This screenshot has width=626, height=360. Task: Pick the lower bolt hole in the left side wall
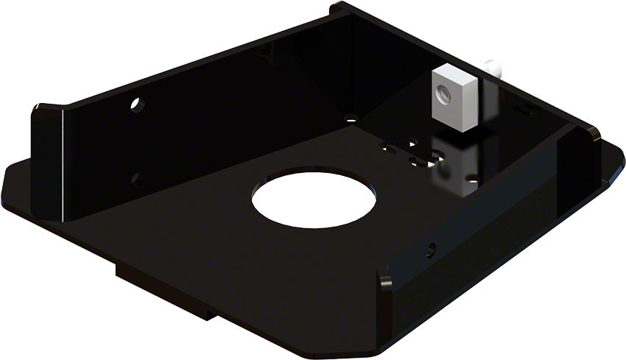[136, 177]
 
